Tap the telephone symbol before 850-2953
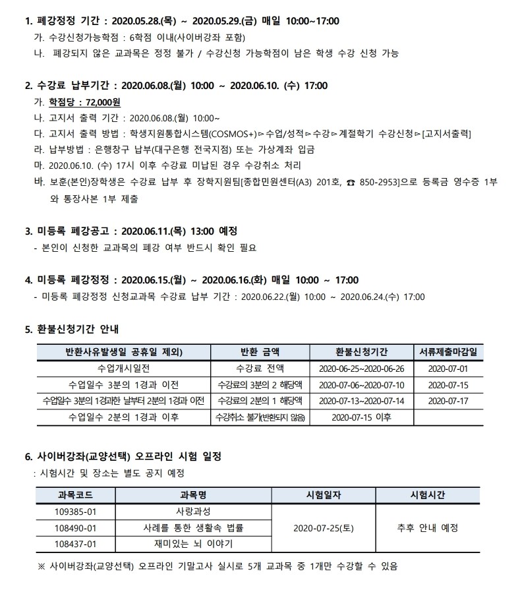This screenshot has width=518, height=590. click(351, 181)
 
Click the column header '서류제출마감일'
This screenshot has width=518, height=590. click(448, 351)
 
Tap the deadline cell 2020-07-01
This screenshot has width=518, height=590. click(448, 368)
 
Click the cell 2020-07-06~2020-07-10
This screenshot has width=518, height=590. click(361, 384)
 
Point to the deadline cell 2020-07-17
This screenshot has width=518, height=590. click(448, 400)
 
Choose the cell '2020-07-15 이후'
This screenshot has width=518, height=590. click(361, 417)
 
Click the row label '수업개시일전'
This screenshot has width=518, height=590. click(124, 368)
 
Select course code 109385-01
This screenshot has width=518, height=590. click(76, 511)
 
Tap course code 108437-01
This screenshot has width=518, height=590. click(76, 544)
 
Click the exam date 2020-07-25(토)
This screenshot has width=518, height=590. click(323, 527)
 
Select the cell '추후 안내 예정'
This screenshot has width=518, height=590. click(428, 527)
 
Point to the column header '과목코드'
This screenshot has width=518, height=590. click(76, 494)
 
